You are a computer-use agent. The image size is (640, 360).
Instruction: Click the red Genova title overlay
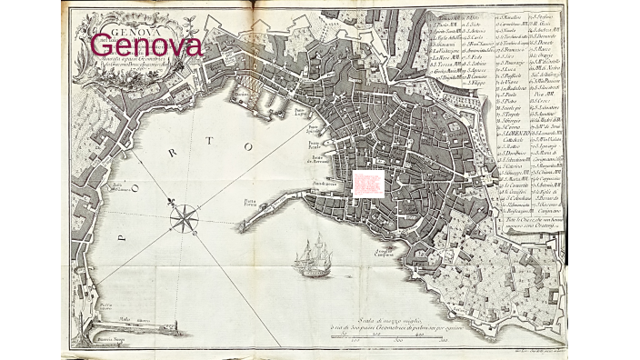(x=145, y=44)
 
